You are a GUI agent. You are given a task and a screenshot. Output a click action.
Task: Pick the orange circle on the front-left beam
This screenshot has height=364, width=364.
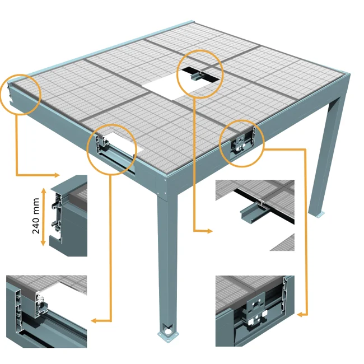[112, 149]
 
